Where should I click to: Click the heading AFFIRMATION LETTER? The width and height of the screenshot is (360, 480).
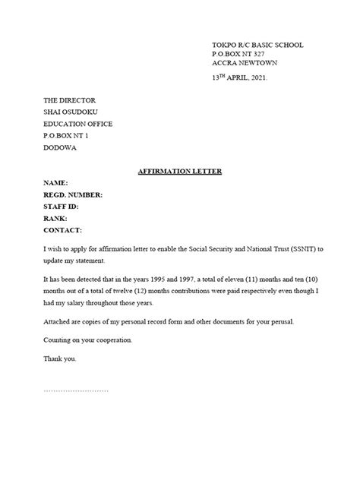tap(179, 172)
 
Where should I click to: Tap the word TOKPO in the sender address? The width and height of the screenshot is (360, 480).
tap(224, 46)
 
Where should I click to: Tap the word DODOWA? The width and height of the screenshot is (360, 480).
tap(61, 148)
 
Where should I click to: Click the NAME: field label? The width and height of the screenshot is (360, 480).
tap(56, 184)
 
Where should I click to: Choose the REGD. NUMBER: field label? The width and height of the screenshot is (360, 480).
tap(73, 195)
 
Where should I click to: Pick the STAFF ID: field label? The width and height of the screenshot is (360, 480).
tap(61, 207)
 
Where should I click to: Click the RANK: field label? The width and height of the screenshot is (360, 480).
tap(56, 218)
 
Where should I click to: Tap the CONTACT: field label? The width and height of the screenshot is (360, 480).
tap(63, 229)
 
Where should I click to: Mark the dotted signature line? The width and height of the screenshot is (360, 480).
tap(76, 390)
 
